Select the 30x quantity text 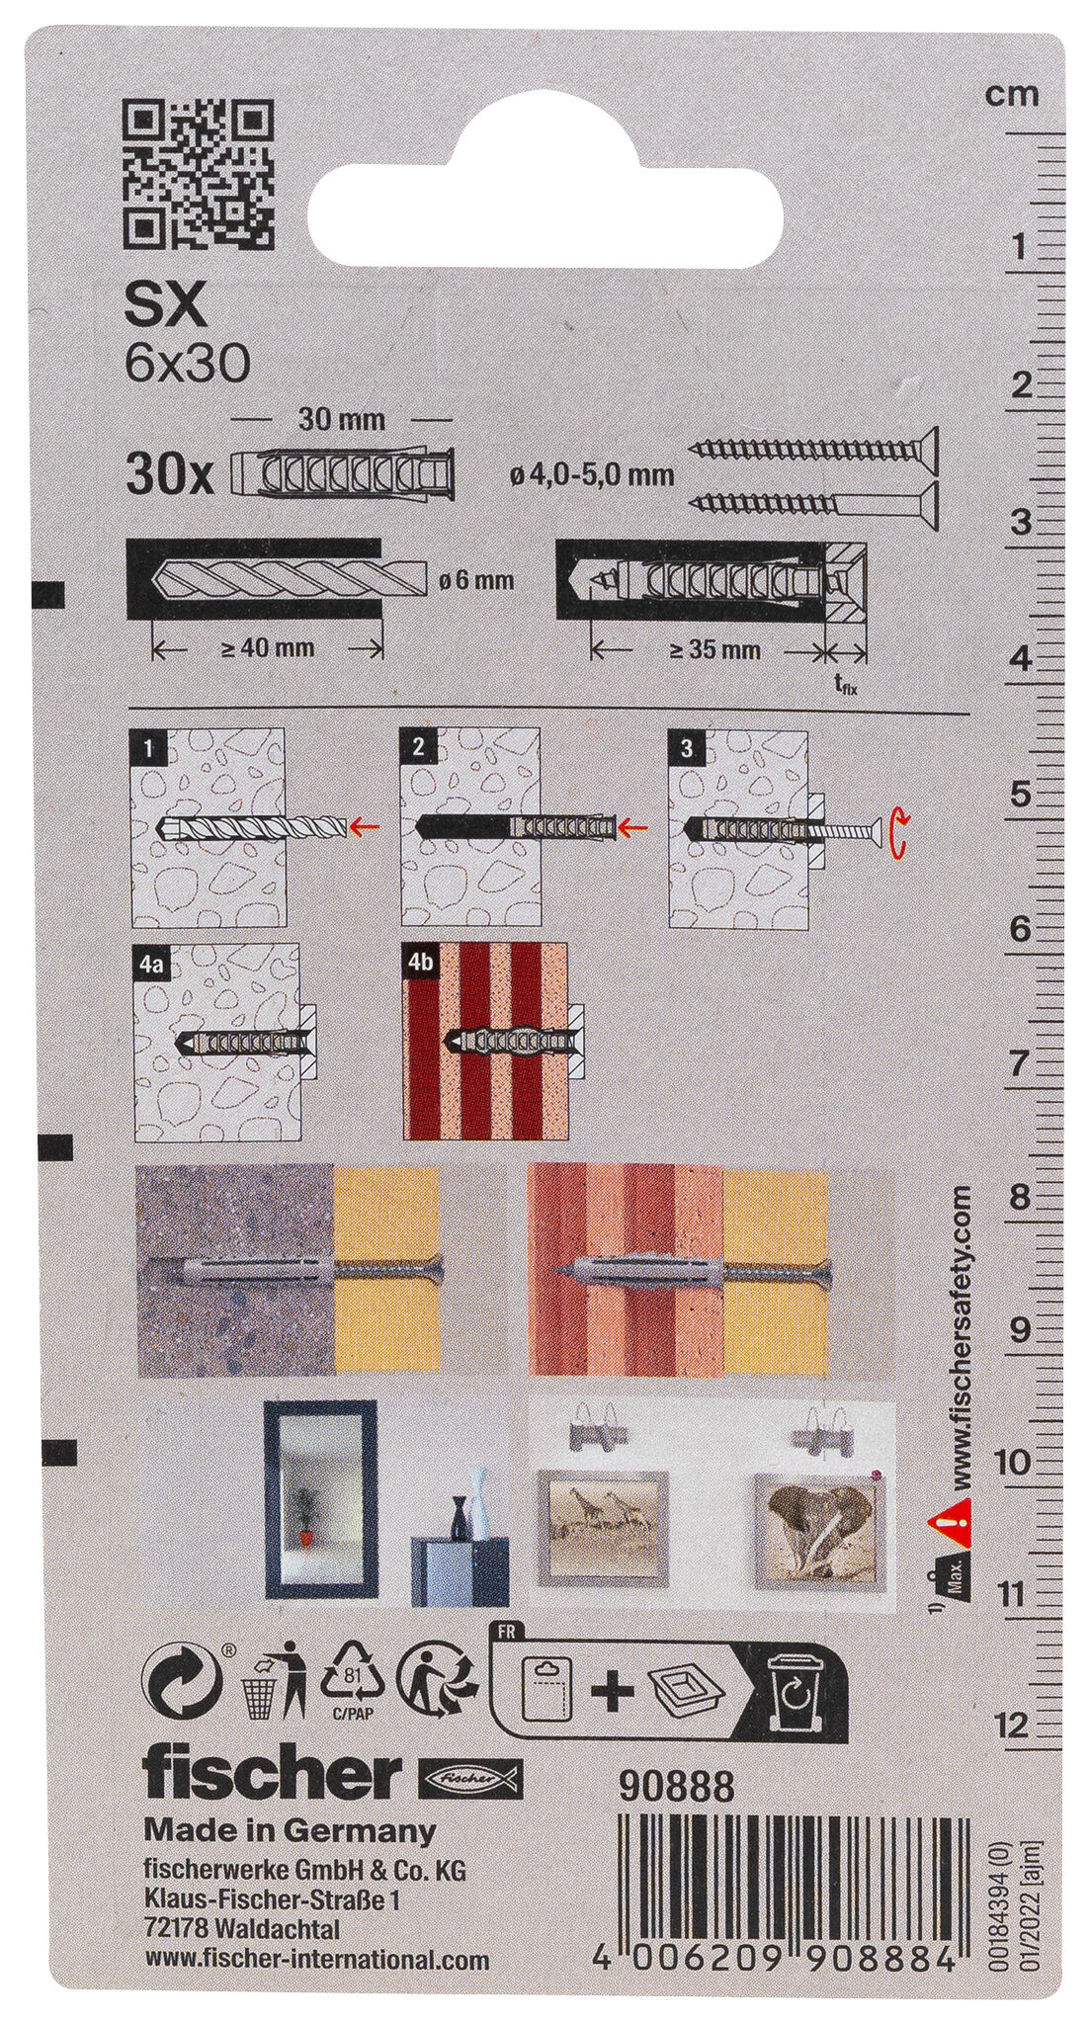(170, 479)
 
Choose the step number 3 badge (687, 748)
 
